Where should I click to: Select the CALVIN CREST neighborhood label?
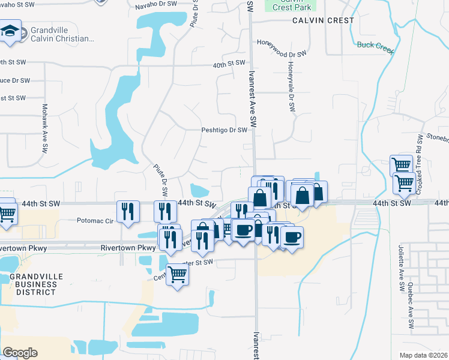324,20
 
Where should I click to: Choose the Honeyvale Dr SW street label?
291,87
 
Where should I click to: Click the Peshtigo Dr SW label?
224,130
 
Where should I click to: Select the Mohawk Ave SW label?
44,128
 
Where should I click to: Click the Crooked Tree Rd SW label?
420,152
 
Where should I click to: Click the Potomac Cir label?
95,220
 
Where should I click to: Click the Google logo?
20,353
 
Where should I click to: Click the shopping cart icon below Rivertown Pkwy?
177,275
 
